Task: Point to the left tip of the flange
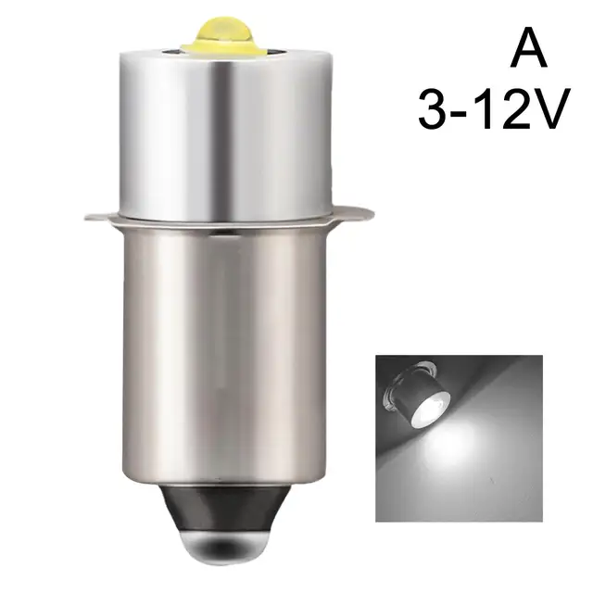tap(88, 218)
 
